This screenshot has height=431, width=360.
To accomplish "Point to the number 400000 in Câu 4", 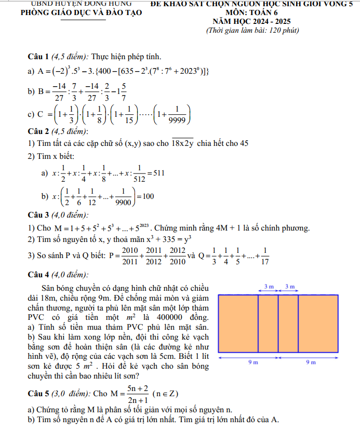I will [168, 317].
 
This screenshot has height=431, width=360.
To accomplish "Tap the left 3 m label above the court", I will [269, 287].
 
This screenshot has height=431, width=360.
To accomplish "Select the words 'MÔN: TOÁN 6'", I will [251, 13].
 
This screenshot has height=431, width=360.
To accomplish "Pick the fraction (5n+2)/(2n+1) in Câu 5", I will [138, 393].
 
